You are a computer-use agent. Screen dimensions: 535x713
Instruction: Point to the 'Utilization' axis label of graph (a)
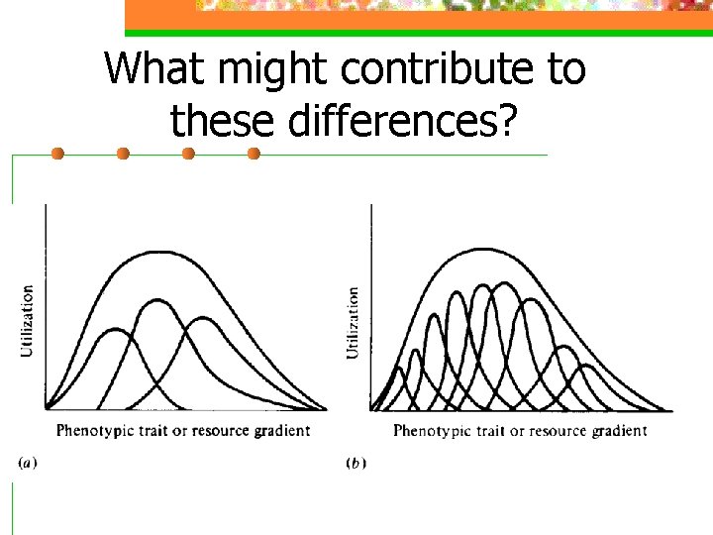pyautogui.click(x=27, y=320)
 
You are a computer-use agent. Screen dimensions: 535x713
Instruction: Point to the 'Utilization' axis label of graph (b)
pyautogui.click(x=353, y=323)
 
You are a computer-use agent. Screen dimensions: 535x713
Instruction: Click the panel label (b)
pyautogui.click(x=355, y=463)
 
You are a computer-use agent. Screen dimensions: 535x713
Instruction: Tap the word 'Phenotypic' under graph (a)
pyautogui.click(x=92, y=431)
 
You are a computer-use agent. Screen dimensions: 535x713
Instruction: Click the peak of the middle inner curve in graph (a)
pyautogui.click(x=156, y=298)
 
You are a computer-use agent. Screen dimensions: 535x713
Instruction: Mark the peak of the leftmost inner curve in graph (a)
pyautogui.click(x=115, y=329)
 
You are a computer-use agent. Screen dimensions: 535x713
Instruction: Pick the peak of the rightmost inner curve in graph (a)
pyautogui.click(x=203, y=318)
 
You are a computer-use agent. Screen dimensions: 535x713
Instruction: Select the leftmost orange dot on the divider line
pyautogui.click(x=57, y=154)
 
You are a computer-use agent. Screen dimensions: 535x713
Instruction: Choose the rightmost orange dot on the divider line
pyautogui.click(x=254, y=154)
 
